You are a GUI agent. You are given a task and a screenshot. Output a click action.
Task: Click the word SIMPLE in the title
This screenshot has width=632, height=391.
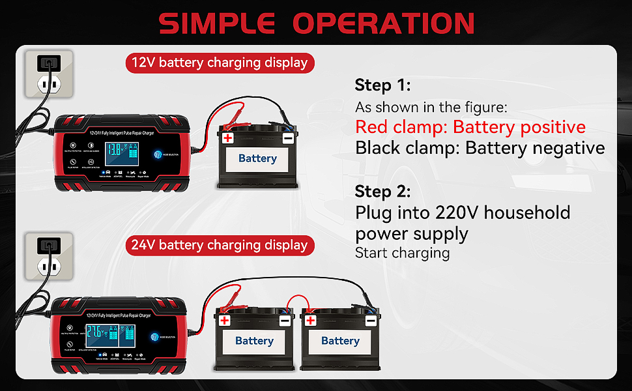pyautogui.click(x=219, y=23)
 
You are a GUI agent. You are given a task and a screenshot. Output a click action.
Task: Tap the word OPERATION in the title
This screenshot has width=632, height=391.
pyautogui.click(x=383, y=23)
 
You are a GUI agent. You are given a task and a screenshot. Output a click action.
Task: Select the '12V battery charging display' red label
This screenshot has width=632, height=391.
pyautogui.click(x=220, y=63)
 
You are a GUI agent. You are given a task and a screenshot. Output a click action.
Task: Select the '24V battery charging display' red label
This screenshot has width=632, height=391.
pyautogui.click(x=220, y=245)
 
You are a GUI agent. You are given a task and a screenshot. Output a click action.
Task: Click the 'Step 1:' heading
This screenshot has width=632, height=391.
pyautogui.click(x=382, y=85)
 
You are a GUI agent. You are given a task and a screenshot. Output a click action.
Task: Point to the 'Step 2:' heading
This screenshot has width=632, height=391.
pyautogui.click(x=382, y=192)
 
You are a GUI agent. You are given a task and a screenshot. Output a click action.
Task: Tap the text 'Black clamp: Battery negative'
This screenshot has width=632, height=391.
pyautogui.click(x=480, y=148)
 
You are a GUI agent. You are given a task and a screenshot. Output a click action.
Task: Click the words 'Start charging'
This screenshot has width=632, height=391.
pyautogui.click(x=402, y=253)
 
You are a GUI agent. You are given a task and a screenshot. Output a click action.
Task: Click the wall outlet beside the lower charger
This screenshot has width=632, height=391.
pyautogui.click(x=48, y=256)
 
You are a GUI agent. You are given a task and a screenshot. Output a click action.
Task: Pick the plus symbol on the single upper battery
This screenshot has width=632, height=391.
pyautogui.click(x=227, y=138)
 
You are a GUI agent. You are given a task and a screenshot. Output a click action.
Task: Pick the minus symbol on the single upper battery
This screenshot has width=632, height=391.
pyautogui.click(x=287, y=138)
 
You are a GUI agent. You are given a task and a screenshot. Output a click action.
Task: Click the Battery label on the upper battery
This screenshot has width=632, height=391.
pyautogui.click(x=257, y=158)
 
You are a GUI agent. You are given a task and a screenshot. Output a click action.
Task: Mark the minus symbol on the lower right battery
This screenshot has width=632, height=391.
pyautogui.click(x=370, y=321)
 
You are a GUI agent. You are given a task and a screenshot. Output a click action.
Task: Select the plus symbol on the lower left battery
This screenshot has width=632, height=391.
pyautogui.click(x=225, y=321)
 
